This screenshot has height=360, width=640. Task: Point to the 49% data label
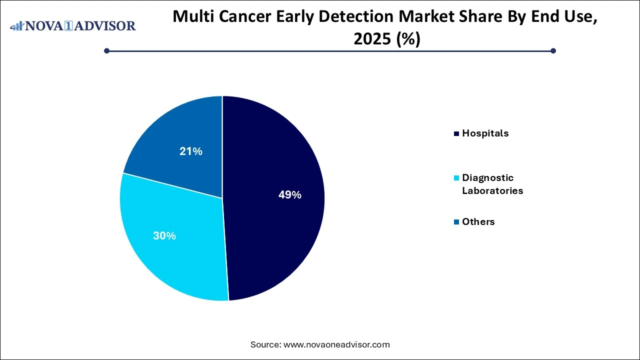tap(289, 195)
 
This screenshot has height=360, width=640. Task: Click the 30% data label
tap(164, 235)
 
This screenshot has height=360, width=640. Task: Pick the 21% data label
tap(191, 151)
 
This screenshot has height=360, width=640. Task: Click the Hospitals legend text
tap(485, 133)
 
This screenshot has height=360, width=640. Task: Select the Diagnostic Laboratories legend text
tap(492, 184)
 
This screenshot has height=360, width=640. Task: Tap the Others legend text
tap(478, 221)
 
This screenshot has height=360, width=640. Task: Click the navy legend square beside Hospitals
tap(456, 133)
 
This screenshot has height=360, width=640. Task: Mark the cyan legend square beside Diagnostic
tap(456, 178)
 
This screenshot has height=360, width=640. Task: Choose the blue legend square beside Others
tap(456, 222)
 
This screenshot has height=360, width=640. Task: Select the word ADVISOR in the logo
tap(106, 25)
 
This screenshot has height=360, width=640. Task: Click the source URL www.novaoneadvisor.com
tap(336, 344)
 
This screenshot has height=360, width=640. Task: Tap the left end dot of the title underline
tap(106, 50)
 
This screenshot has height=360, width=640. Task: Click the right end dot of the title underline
tap(553, 50)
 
